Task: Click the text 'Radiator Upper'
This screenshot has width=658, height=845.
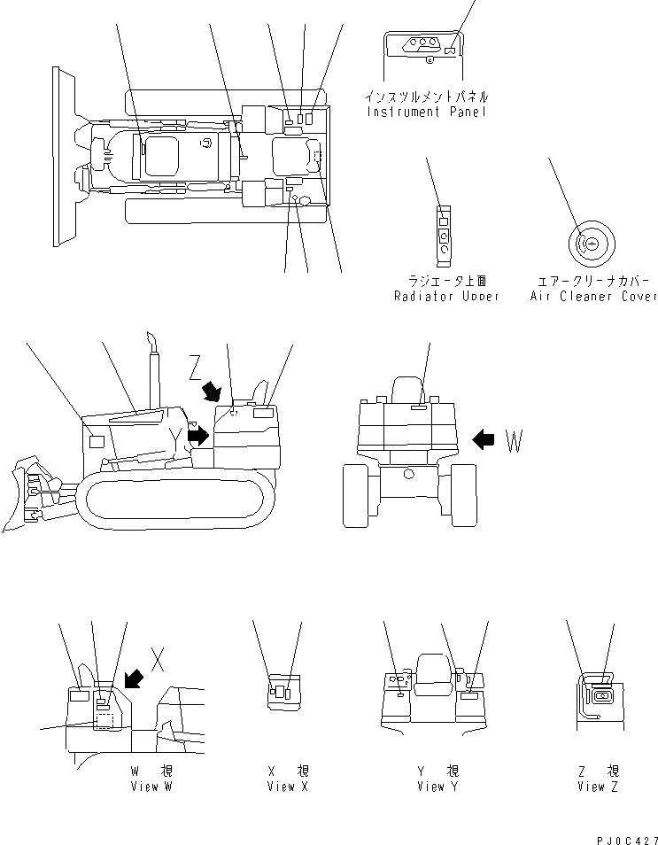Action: tap(446, 296)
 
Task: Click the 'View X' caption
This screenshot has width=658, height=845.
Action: tap(288, 787)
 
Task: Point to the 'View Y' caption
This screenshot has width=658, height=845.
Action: tap(437, 787)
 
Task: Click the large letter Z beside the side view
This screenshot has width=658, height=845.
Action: tap(197, 365)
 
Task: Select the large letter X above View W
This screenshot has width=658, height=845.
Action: tap(158, 658)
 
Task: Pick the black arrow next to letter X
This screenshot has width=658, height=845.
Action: tap(135, 678)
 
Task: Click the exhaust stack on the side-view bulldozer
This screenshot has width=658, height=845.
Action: tap(152, 363)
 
